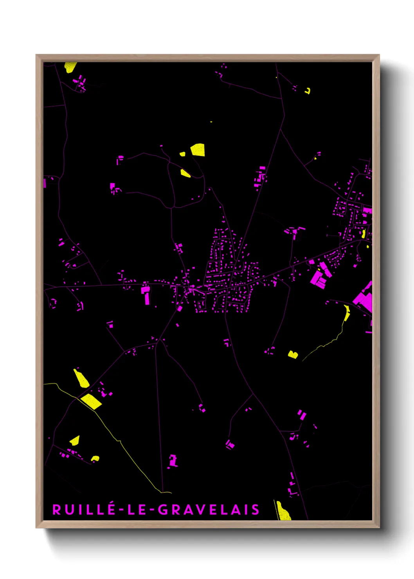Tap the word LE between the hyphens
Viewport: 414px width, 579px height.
coord(137,510)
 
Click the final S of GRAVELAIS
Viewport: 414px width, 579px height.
coord(256,510)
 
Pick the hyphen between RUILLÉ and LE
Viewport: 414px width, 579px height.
coord(121,510)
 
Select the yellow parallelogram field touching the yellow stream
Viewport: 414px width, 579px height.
coord(91,401)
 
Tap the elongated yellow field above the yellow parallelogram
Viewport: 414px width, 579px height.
coord(81,378)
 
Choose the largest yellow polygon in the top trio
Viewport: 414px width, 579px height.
coord(198,150)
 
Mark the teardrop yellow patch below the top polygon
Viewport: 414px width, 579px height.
coord(185,173)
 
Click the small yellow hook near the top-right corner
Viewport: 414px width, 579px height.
coord(308,91)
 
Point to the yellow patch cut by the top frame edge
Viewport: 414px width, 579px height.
coord(70,67)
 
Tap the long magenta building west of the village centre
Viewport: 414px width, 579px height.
coord(147,296)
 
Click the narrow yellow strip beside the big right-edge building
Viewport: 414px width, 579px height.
coord(347,313)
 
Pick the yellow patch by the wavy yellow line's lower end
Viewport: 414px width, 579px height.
coord(293,355)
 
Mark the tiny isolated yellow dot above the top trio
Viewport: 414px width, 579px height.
coord(211,122)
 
